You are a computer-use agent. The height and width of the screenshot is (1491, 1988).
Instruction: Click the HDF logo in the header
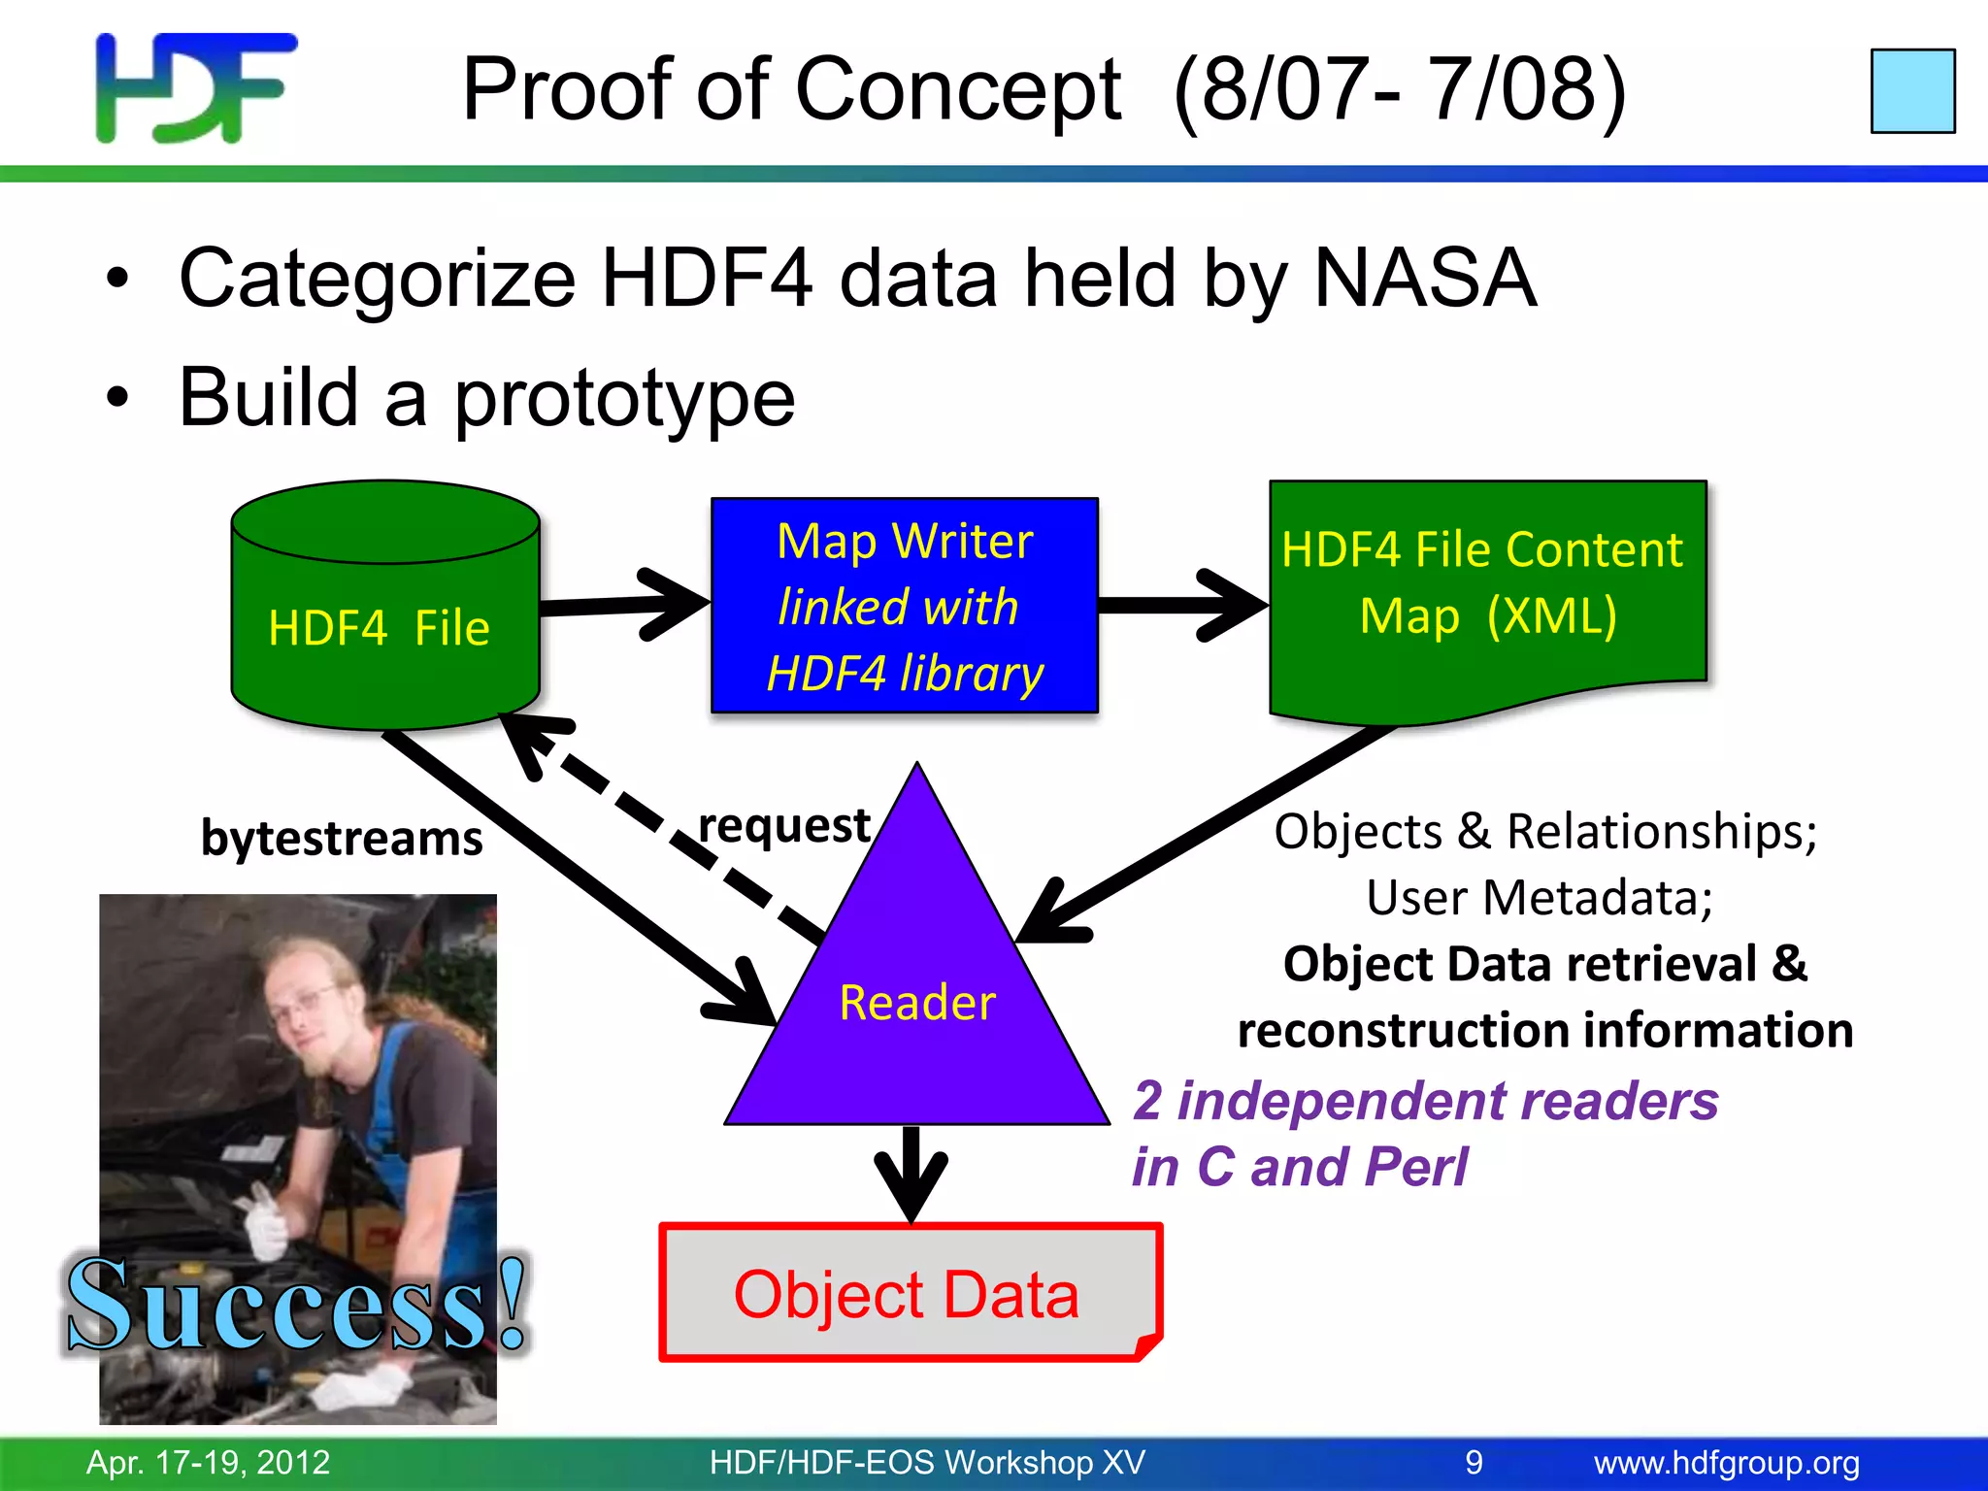[195, 87]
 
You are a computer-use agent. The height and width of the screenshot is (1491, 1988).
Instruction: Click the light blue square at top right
[1912, 90]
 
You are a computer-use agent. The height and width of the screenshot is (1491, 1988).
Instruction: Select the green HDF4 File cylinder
[384, 621]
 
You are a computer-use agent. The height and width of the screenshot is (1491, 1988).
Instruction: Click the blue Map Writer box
[904, 606]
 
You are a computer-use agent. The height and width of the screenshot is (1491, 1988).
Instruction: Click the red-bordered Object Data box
[909, 1293]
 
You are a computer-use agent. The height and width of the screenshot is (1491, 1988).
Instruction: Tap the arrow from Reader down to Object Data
[911, 1175]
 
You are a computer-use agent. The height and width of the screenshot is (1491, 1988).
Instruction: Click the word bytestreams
[341, 838]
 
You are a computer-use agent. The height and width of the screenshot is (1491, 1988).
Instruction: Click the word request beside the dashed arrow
[783, 825]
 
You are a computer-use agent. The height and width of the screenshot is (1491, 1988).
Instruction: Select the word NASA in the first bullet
[1424, 279]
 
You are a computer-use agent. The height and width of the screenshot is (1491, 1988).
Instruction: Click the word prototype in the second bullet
[624, 398]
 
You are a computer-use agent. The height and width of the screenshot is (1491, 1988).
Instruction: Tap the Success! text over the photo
[296, 1306]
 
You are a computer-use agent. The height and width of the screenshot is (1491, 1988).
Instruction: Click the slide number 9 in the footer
[1474, 1462]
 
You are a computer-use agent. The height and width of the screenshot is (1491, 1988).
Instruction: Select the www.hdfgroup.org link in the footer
[1726, 1462]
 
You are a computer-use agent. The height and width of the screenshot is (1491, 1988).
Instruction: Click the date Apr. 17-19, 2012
[208, 1462]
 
